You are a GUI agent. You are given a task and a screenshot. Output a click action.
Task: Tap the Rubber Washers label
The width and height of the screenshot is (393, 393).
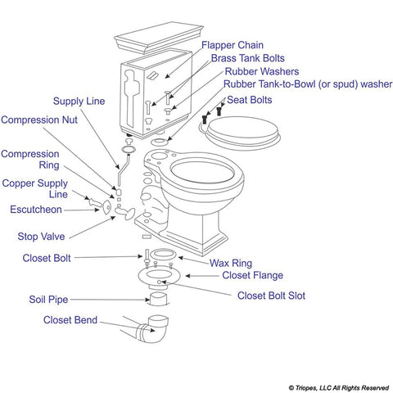click(x=260, y=71)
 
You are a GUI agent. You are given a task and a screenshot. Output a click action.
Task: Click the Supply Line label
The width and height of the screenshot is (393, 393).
click(x=79, y=102)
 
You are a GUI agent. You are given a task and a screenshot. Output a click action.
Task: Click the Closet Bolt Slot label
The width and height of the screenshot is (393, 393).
click(x=271, y=296)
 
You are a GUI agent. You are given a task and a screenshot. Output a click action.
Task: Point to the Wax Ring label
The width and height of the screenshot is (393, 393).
click(x=230, y=264)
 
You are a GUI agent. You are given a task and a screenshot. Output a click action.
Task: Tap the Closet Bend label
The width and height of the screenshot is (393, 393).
click(x=70, y=320)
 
